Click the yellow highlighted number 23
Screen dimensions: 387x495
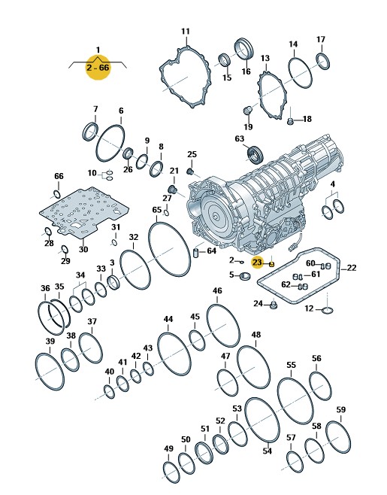pos(257,262)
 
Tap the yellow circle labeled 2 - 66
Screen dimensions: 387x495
pos(98,68)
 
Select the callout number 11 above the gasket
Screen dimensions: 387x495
pos(186,32)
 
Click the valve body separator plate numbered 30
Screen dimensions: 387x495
pos(84,211)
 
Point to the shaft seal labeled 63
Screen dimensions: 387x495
pos(255,155)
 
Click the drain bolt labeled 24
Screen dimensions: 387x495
pos(274,305)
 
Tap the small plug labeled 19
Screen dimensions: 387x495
pos(248,111)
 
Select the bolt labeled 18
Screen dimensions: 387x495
pos(291,121)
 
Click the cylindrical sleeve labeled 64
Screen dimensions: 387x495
pos(196,253)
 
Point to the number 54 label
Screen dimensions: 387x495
pos(267,451)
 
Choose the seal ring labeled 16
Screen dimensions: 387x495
pos(244,48)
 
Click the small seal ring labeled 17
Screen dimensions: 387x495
pos(323,61)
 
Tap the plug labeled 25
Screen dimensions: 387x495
pos(190,172)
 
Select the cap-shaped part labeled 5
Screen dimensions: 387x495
pos(245,276)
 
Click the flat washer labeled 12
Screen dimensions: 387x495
pos(328,311)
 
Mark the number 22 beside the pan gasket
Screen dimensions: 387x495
pos(352,268)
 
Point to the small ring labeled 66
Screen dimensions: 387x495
pos(57,194)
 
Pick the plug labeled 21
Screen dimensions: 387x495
pos(172,189)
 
